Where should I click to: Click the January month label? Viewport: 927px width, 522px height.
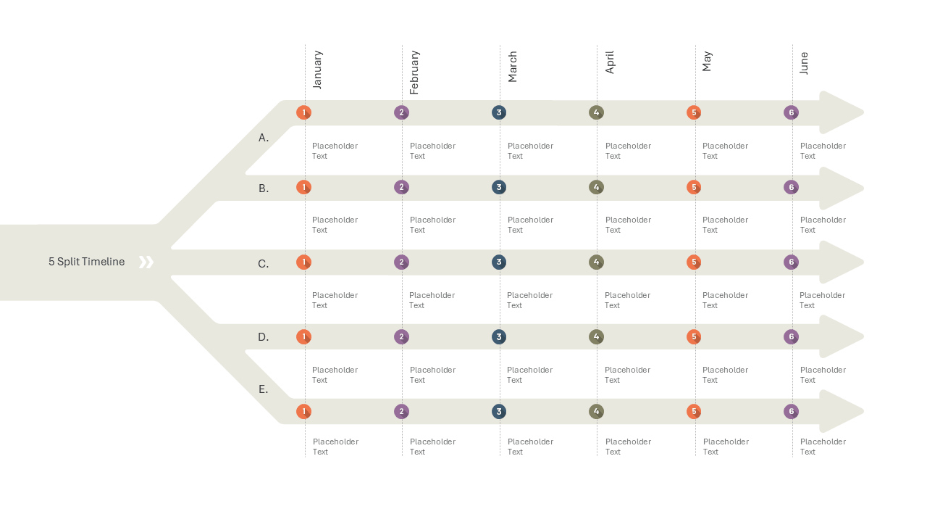[317, 70]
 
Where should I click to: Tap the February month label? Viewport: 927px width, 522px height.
[414, 72]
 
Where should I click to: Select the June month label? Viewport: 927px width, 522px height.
[804, 63]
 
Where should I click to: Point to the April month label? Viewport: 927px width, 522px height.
[610, 62]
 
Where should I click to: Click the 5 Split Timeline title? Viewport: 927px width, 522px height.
[86, 262]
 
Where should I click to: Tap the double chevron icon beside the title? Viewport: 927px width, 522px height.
[146, 262]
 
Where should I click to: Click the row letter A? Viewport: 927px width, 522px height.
[264, 138]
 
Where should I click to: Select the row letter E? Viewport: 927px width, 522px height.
[263, 389]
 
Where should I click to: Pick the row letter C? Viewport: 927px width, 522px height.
[263, 264]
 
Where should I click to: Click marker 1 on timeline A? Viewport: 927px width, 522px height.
[303, 112]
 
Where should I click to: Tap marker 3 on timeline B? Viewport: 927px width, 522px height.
[499, 187]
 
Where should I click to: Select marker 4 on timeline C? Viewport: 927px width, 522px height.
[596, 262]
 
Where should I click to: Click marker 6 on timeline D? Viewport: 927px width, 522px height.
[792, 337]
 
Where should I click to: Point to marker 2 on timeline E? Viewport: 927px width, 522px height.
[401, 411]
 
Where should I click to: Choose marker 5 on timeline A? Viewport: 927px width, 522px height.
[694, 112]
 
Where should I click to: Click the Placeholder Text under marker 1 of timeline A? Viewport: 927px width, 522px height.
[335, 151]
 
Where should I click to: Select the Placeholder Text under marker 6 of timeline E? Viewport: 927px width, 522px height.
[823, 447]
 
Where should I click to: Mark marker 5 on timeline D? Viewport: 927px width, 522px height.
[694, 337]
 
